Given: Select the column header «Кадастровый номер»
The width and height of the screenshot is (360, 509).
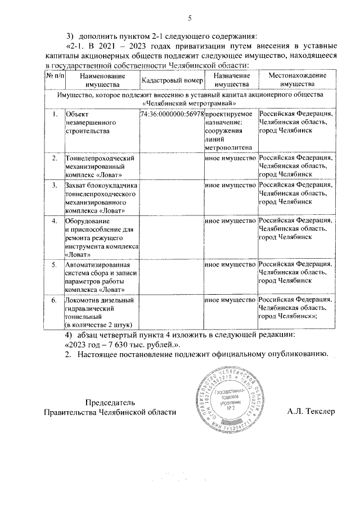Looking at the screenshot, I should [x=170, y=80].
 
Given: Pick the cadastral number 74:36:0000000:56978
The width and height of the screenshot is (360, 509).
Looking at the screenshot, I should [x=170, y=114].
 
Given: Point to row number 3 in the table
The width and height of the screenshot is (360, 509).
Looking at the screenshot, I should [x=55, y=184].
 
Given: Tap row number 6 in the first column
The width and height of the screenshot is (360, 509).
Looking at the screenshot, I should [x=55, y=300].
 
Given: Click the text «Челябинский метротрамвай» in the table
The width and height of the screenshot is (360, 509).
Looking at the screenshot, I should [x=189, y=103].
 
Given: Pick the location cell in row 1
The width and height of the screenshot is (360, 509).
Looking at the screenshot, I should [x=296, y=122].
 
